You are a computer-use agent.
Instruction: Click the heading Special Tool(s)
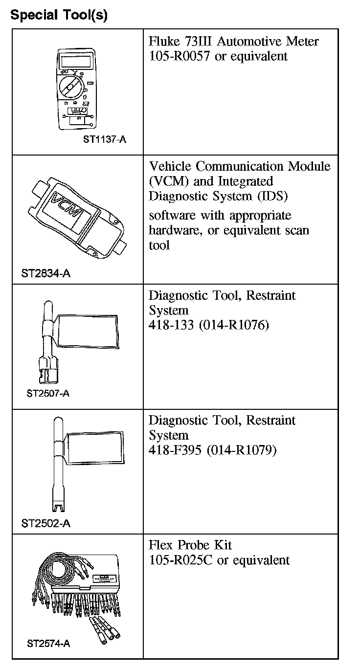(59, 15)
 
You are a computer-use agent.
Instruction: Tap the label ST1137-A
(104, 139)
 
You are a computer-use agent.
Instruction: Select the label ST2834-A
(45, 273)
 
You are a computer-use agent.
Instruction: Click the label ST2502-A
(45, 524)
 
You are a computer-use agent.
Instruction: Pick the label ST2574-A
(48, 644)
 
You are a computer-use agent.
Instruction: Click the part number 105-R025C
(180, 560)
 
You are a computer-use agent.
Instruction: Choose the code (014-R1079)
(242, 450)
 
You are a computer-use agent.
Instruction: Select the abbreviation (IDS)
(270, 196)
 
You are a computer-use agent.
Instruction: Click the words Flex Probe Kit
(190, 545)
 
